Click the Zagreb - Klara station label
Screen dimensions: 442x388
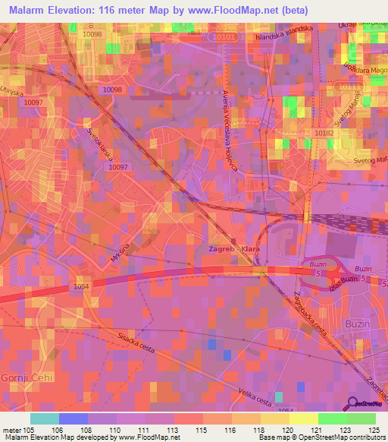pos(228,249)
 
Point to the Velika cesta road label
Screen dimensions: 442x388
pos(234,393)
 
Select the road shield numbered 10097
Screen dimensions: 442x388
pos(118,167)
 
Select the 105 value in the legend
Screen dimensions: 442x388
pos(29,429)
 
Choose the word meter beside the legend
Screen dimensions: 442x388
pos(11,429)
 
